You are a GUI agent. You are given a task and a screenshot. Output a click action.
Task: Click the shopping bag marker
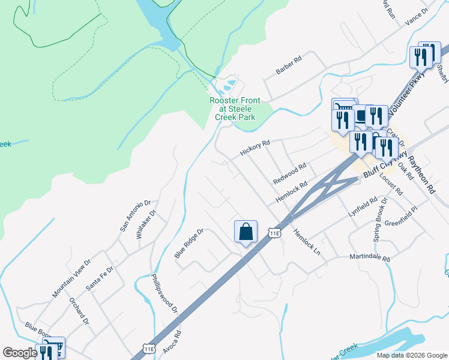[x=246, y=232]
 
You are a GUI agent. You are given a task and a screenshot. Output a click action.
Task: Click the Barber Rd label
[x=288, y=64]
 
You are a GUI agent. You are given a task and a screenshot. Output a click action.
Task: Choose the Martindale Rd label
[x=370, y=258]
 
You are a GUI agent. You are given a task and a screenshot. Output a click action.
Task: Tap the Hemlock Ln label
[x=307, y=244]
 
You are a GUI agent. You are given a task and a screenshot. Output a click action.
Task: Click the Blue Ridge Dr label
[x=190, y=243]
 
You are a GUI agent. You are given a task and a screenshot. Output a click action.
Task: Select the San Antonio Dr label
[x=134, y=215]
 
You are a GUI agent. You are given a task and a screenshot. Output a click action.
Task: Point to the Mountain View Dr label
[x=71, y=278]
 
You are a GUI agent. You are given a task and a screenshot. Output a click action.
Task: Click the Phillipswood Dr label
[x=165, y=294]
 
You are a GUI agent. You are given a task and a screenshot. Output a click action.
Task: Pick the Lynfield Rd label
[x=363, y=206]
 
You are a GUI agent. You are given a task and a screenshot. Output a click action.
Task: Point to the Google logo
[x=20, y=353]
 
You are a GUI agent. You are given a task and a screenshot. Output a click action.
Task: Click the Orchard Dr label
[x=79, y=312]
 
